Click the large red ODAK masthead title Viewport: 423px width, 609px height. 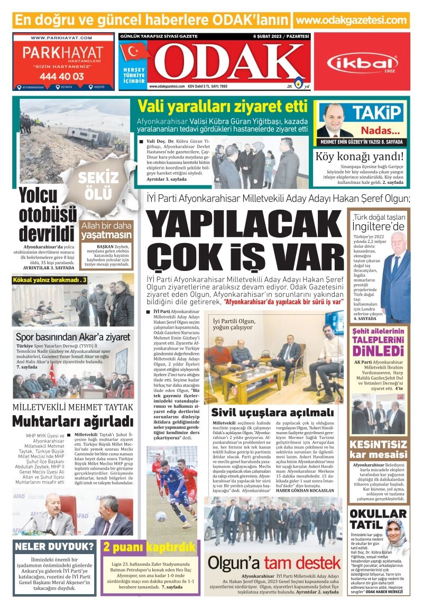(227, 62)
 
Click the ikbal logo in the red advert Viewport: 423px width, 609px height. (362, 64)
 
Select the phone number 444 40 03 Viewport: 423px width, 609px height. (61, 76)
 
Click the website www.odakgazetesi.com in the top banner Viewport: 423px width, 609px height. (352, 20)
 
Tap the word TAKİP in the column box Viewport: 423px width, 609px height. (376, 113)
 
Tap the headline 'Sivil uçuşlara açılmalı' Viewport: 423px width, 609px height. (272, 412)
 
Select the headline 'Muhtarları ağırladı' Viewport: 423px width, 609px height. (72, 421)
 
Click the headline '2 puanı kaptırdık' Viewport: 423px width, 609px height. (149, 546)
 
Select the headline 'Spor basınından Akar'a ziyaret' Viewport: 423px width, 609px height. (73, 337)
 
